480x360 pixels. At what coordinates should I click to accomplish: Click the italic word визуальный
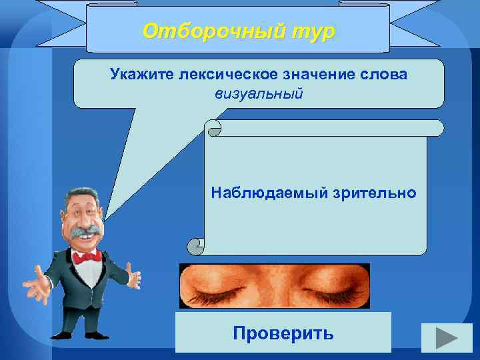point(259,93)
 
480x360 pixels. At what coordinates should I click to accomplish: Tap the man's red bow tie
point(87,257)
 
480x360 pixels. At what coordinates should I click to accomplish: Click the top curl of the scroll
point(214,128)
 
